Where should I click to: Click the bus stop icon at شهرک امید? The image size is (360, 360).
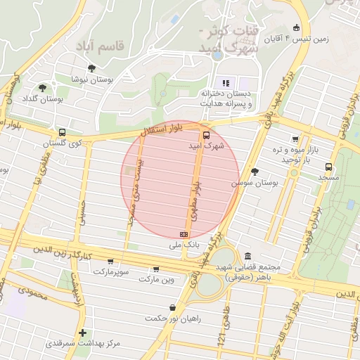(206, 135)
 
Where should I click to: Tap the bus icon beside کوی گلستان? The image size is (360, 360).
(63, 132)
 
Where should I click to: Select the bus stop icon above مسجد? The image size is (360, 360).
(329, 167)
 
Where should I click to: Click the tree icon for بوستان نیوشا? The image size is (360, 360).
(91, 68)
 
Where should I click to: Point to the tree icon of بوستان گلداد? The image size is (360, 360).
(43, 88)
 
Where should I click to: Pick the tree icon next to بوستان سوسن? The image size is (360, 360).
(255, 171)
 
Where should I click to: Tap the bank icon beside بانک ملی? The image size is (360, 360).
(184, 234)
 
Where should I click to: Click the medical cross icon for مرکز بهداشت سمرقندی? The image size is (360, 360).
(83, 333)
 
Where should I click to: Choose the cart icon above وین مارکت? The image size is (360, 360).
(155, 269)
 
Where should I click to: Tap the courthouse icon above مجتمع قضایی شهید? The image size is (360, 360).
(247, 257)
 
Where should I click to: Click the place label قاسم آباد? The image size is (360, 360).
(103, 46)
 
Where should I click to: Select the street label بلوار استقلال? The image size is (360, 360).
(161, 129)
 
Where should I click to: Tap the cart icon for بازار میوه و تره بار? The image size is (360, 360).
(295, 139)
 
